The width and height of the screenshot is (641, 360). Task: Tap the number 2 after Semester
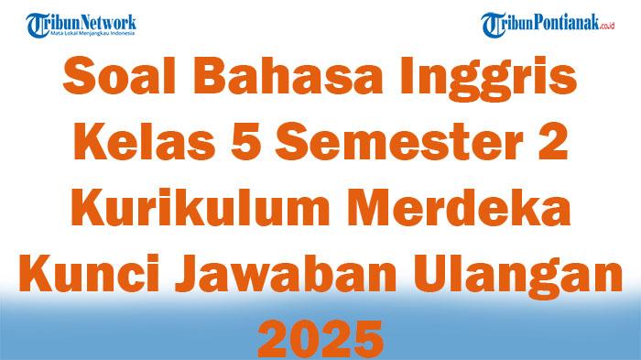[x=550, y=146]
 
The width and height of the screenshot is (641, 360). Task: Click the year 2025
[x=320, y=336]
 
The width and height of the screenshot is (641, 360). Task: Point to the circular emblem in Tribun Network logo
[x=37, y=24]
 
